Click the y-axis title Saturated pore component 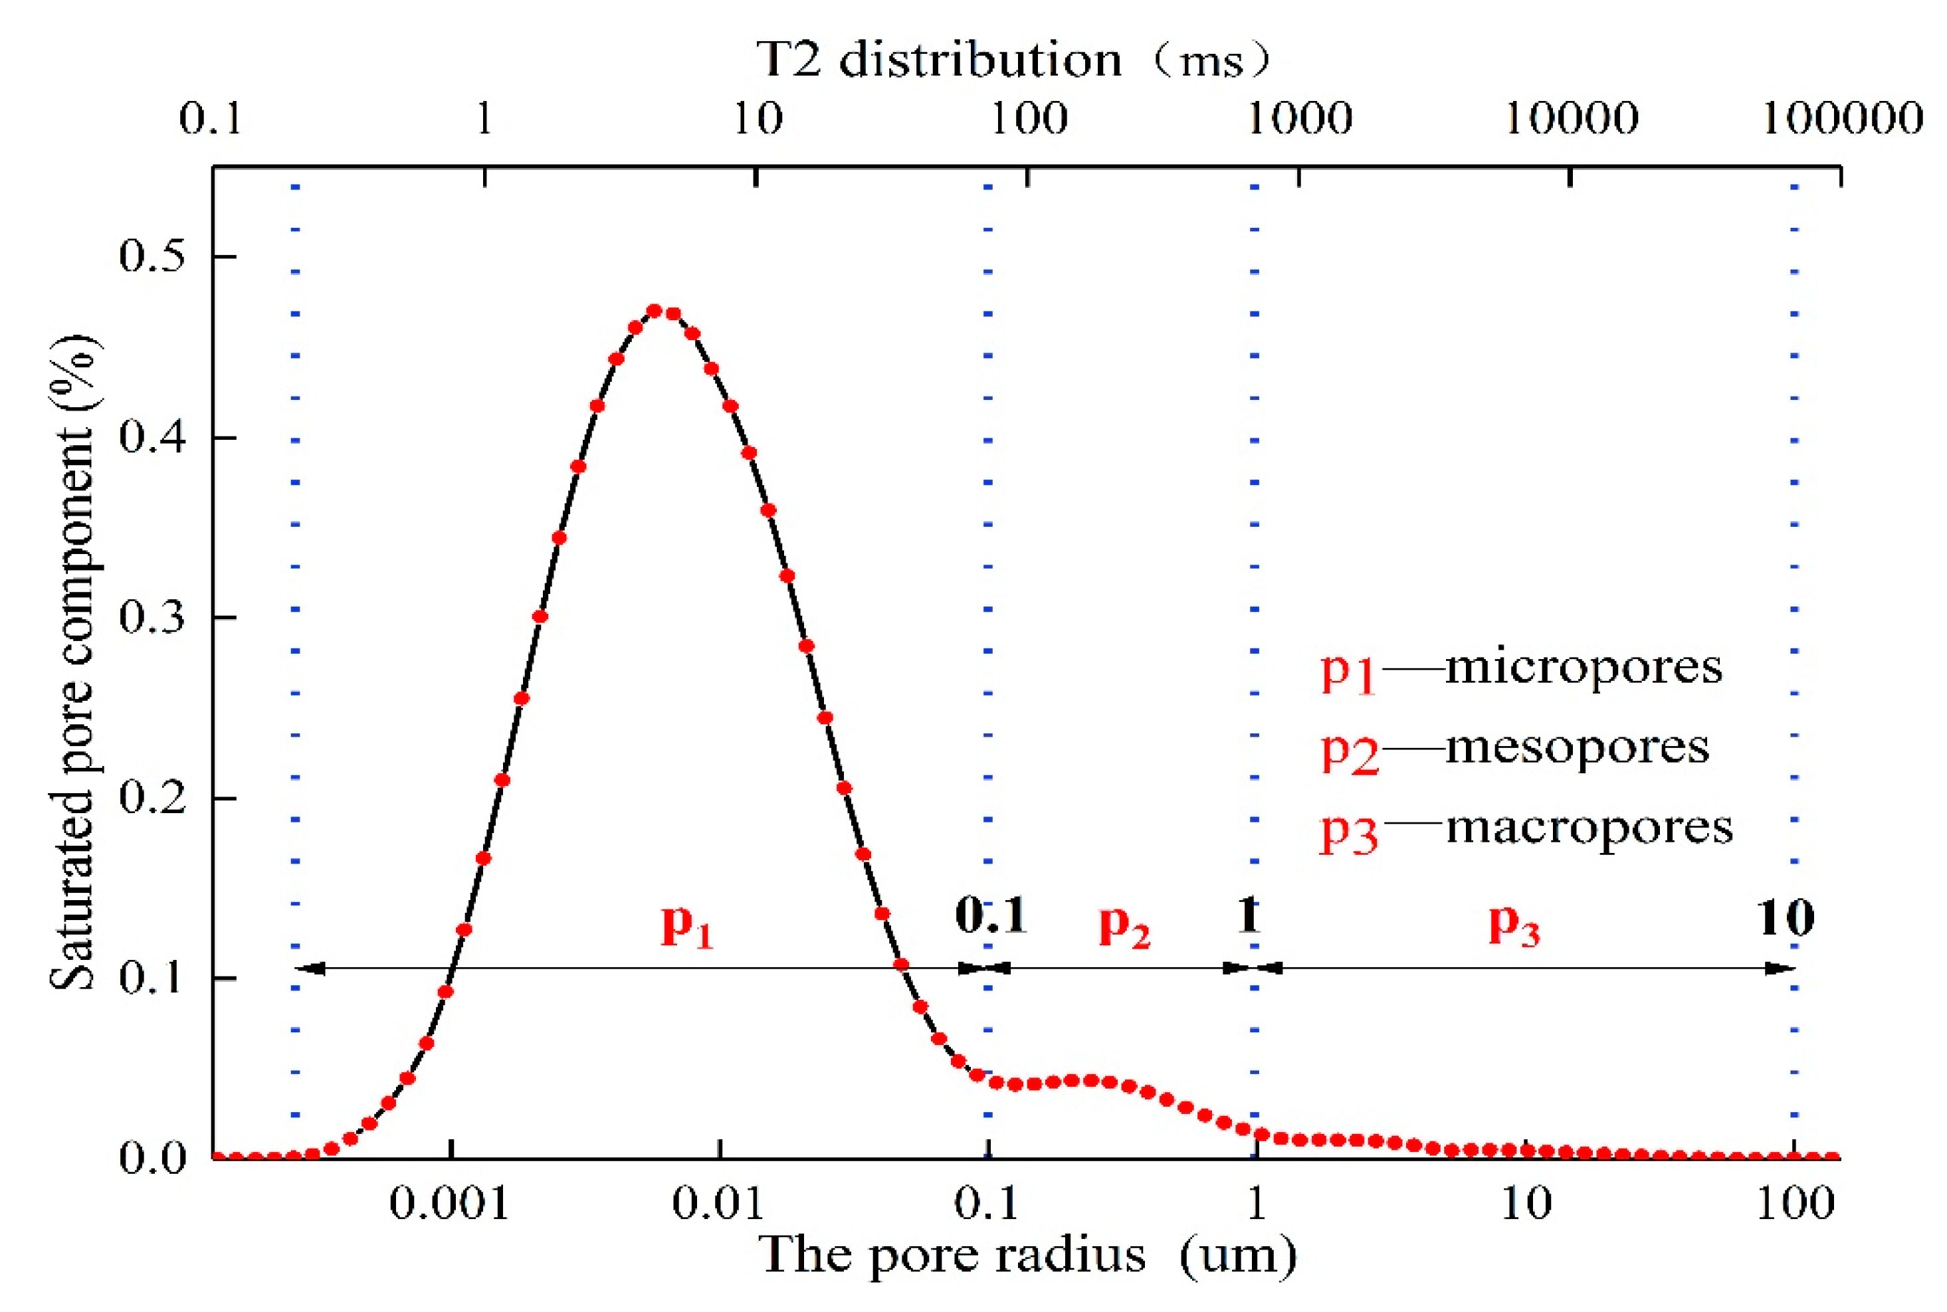(74, 661)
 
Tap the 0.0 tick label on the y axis (152, 1158)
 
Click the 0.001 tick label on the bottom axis (449, 1205)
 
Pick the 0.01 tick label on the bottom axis (718, 1205)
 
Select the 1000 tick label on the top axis (1300, 119)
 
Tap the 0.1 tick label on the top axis (211, 119)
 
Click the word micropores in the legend (1584, 667)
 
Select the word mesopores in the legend (1577, 747)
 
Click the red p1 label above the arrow (687, 925)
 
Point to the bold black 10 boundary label (1786, 918)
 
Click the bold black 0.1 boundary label (991, 915)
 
